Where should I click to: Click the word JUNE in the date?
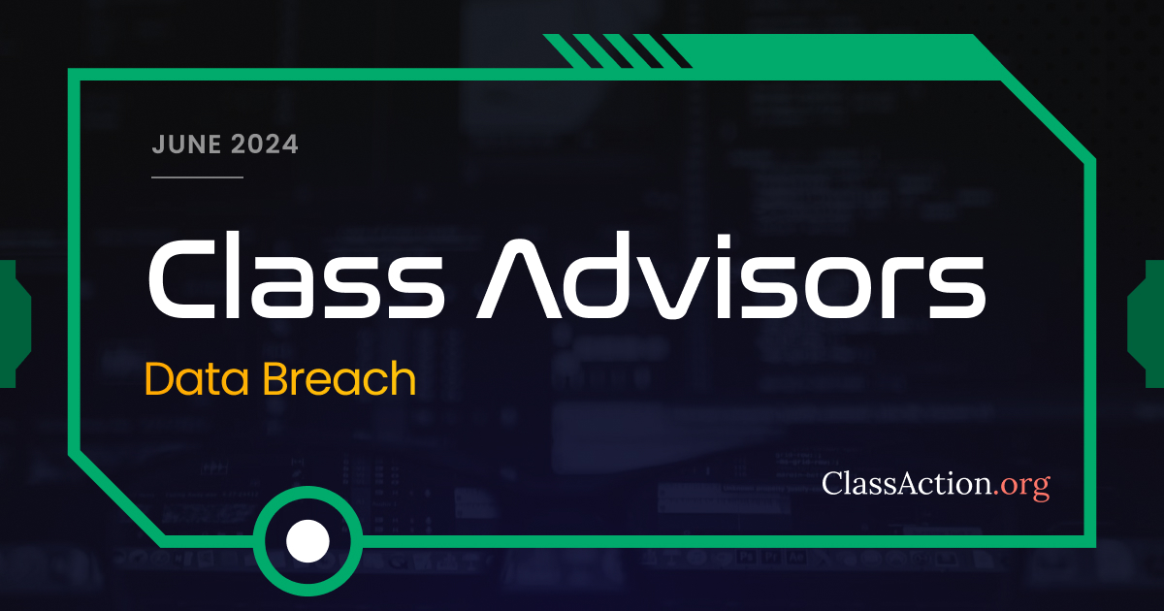point(185,145)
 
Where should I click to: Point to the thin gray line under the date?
point(197,177)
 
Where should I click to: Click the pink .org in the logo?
point(1021,483)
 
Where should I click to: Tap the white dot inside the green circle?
point(307,539)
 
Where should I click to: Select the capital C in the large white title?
point(179,278)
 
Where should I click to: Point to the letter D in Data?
point(161,379)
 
